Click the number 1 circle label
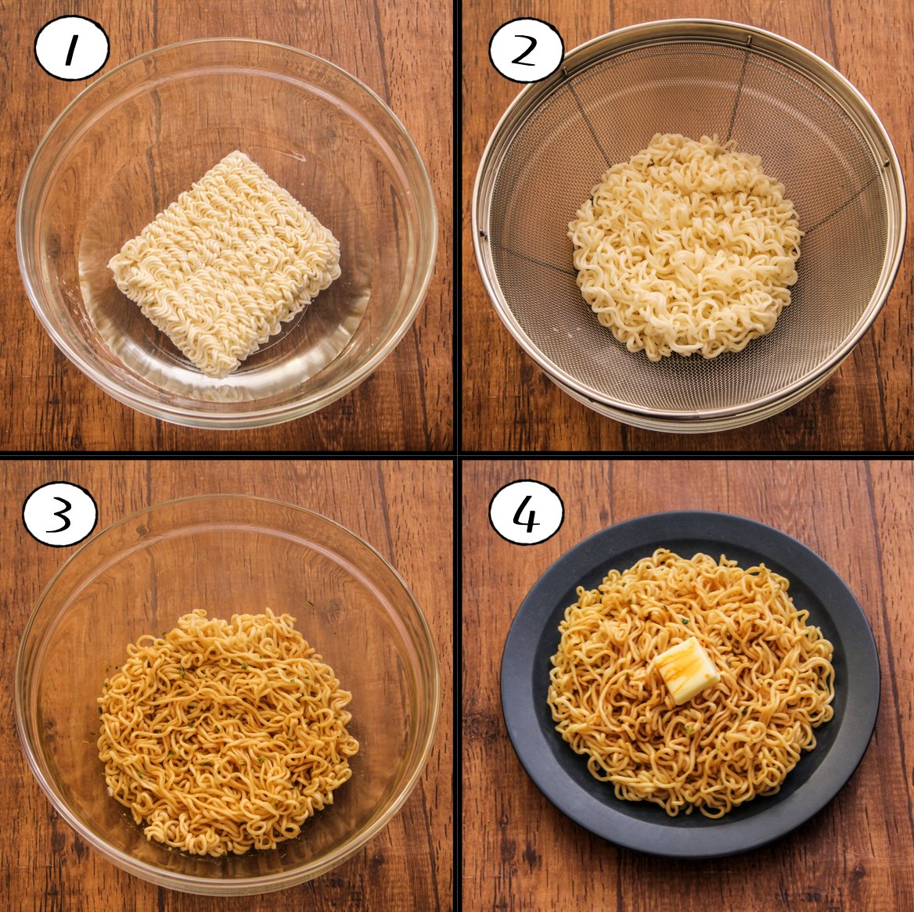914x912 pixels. coord(72,48)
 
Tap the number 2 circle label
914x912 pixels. coord(527,49)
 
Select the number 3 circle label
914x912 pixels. coord(59,514)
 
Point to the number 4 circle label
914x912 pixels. coord(527,512)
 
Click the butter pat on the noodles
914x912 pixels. coord(685,670)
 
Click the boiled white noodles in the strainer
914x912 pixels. coord(685,246)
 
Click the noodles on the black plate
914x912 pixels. coord(691,682)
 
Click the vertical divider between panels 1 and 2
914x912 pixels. coord(457,225)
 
